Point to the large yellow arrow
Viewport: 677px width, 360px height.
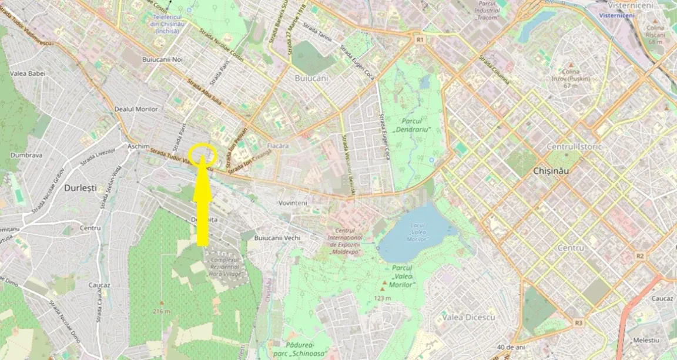[202, 206]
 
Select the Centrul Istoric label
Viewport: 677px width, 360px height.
[574, 146]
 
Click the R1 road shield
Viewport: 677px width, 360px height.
[420, 39]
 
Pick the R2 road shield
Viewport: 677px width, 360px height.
[640, 256]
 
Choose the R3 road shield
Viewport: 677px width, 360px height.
[579, 322]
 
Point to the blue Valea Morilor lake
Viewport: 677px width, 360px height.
[411, 235]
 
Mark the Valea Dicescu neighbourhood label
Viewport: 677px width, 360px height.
[468, 317]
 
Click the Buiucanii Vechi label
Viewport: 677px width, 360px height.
[277, 238]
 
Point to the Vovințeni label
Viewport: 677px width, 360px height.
[293, 203]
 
